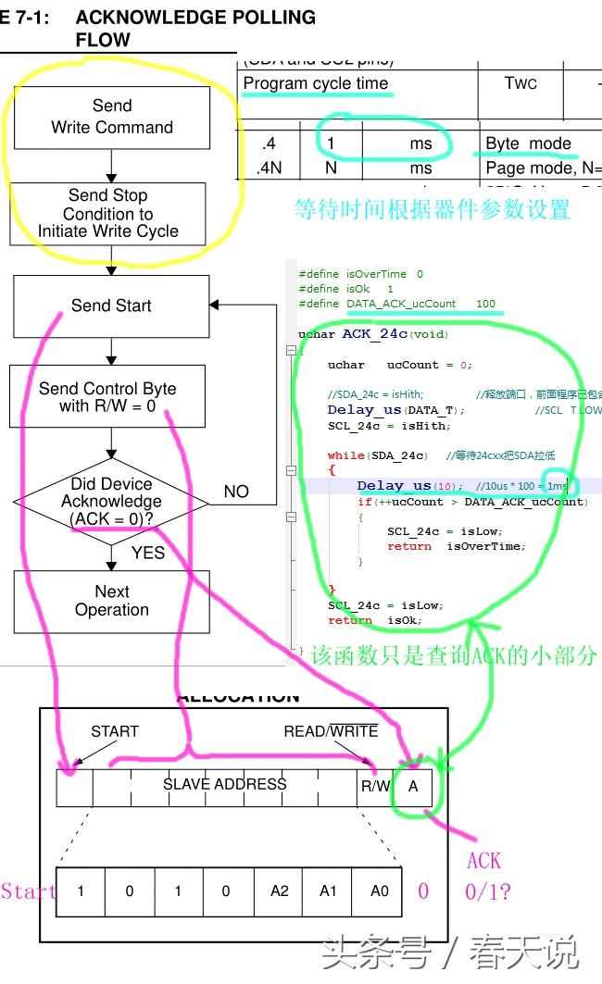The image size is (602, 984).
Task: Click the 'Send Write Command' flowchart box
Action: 111,117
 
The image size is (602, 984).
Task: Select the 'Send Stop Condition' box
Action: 108,213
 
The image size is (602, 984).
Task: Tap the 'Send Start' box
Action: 111,305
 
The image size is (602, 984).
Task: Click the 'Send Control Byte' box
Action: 107,397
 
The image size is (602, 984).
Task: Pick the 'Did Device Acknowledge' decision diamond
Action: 111,501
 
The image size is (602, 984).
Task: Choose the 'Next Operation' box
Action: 111,601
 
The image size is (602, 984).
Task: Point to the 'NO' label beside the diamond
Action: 236,492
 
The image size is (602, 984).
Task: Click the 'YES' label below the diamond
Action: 148,553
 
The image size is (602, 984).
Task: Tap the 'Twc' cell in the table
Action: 520,83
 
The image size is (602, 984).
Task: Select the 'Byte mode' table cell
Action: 529,144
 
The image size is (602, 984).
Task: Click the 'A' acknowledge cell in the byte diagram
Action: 413,786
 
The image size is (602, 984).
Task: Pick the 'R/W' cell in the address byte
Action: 374,786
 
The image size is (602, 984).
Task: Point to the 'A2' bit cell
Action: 279,891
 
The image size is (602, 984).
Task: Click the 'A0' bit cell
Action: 379,891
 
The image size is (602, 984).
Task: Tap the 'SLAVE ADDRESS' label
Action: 225,784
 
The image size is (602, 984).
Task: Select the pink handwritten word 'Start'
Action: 28,891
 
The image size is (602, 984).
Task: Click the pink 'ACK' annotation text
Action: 483,861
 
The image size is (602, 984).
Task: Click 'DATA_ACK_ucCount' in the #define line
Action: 401,304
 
